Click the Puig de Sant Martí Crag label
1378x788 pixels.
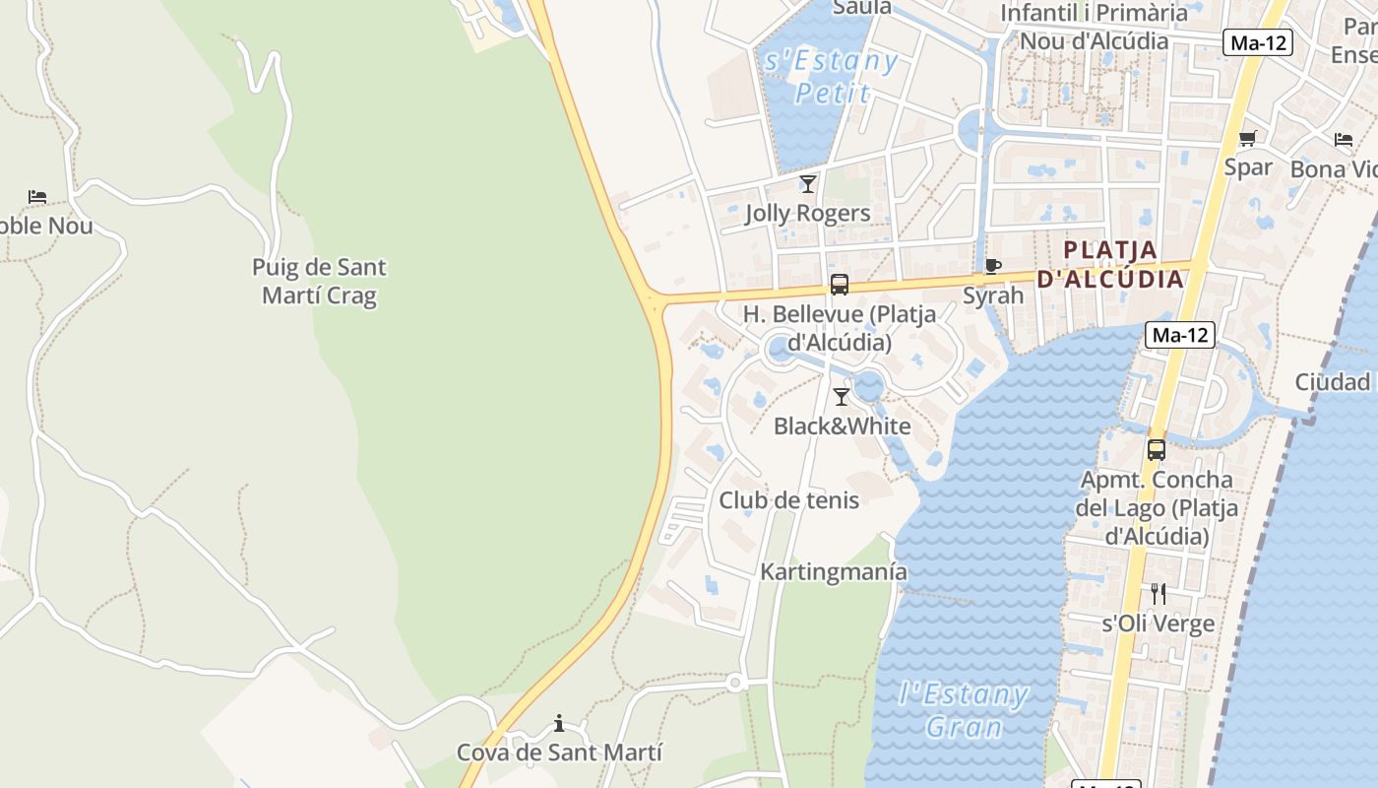[x=319, y=281]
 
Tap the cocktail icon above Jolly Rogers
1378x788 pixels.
[x=808, y=183]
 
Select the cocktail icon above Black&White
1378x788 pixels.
[x=841, y=396]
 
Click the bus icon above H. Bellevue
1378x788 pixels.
[x=839, y=285]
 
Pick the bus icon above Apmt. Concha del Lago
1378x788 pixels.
[x=1156, y=450]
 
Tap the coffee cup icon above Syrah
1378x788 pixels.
[x=992, y=266]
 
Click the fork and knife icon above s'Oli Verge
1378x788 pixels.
[x=1158, y=593]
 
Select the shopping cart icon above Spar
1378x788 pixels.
[x=1247, y=139]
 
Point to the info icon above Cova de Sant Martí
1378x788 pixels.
[x=559, y=724]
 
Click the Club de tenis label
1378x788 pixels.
[x=788, y=500]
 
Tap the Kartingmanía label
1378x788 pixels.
[x=834, y=571]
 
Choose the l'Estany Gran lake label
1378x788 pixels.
[x=964, y=710]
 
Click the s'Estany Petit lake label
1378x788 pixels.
[x=832, y=77]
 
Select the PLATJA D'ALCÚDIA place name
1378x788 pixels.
[x=1110, y=264]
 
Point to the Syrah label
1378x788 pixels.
[x=992, y=295]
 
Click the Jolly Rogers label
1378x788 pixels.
[x=807, y=213]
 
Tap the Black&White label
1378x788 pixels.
[x=842, y=427]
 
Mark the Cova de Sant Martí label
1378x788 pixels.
[x=559, y=753]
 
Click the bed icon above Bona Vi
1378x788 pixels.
[x=1344, y=139]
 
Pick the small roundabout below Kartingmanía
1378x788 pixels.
[x=734, y=683]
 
